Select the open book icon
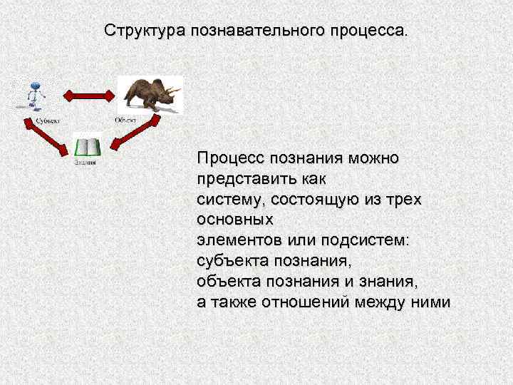88,148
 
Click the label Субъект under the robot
48,120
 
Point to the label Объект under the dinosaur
126,120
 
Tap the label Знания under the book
85,163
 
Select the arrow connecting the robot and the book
52,134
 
